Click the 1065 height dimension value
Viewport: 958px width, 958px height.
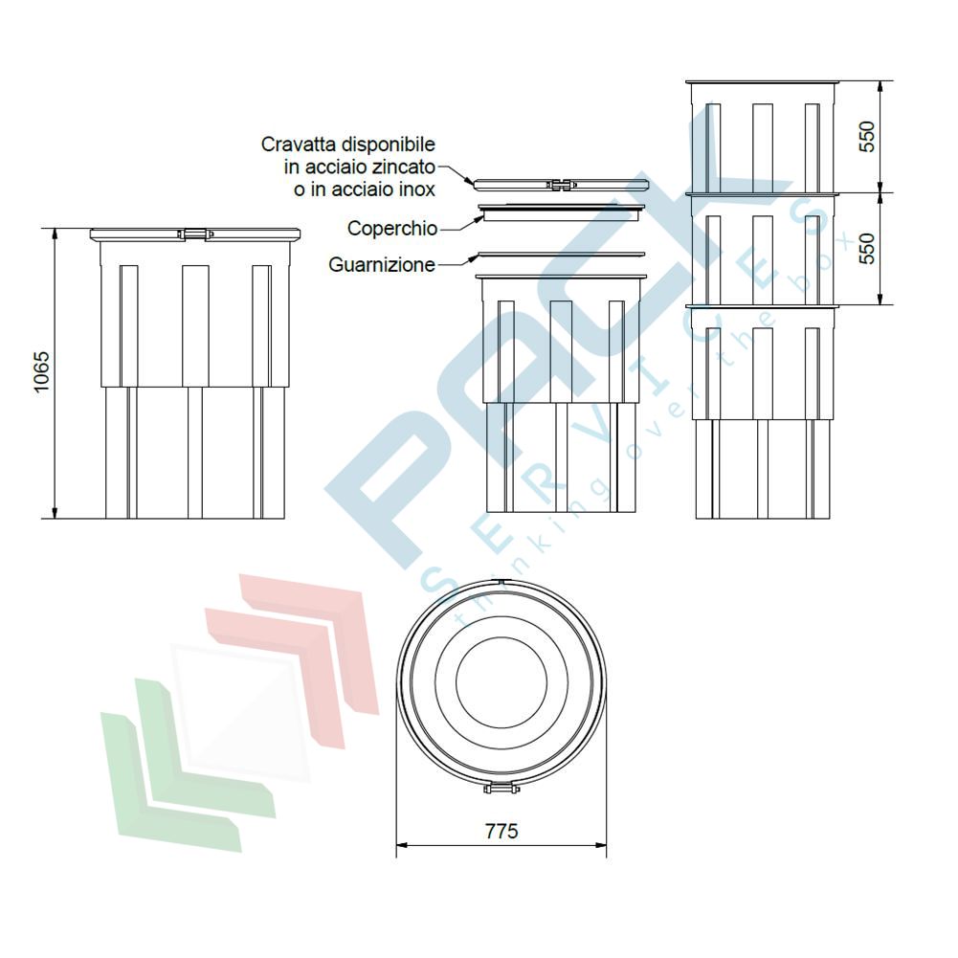tap(41, 372)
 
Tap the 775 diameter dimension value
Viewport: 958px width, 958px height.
tap(501, 832)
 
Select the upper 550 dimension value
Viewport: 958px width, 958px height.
tap(867, 137)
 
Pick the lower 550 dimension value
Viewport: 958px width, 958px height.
tap(867, 249)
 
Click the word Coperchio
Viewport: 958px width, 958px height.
tap(392, 229)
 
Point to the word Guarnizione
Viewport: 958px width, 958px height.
tap(382, 264)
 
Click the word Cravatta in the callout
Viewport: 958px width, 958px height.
tap(299, 145)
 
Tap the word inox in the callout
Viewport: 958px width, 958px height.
tap(415, 189)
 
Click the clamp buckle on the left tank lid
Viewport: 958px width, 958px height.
tap(195, 234)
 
